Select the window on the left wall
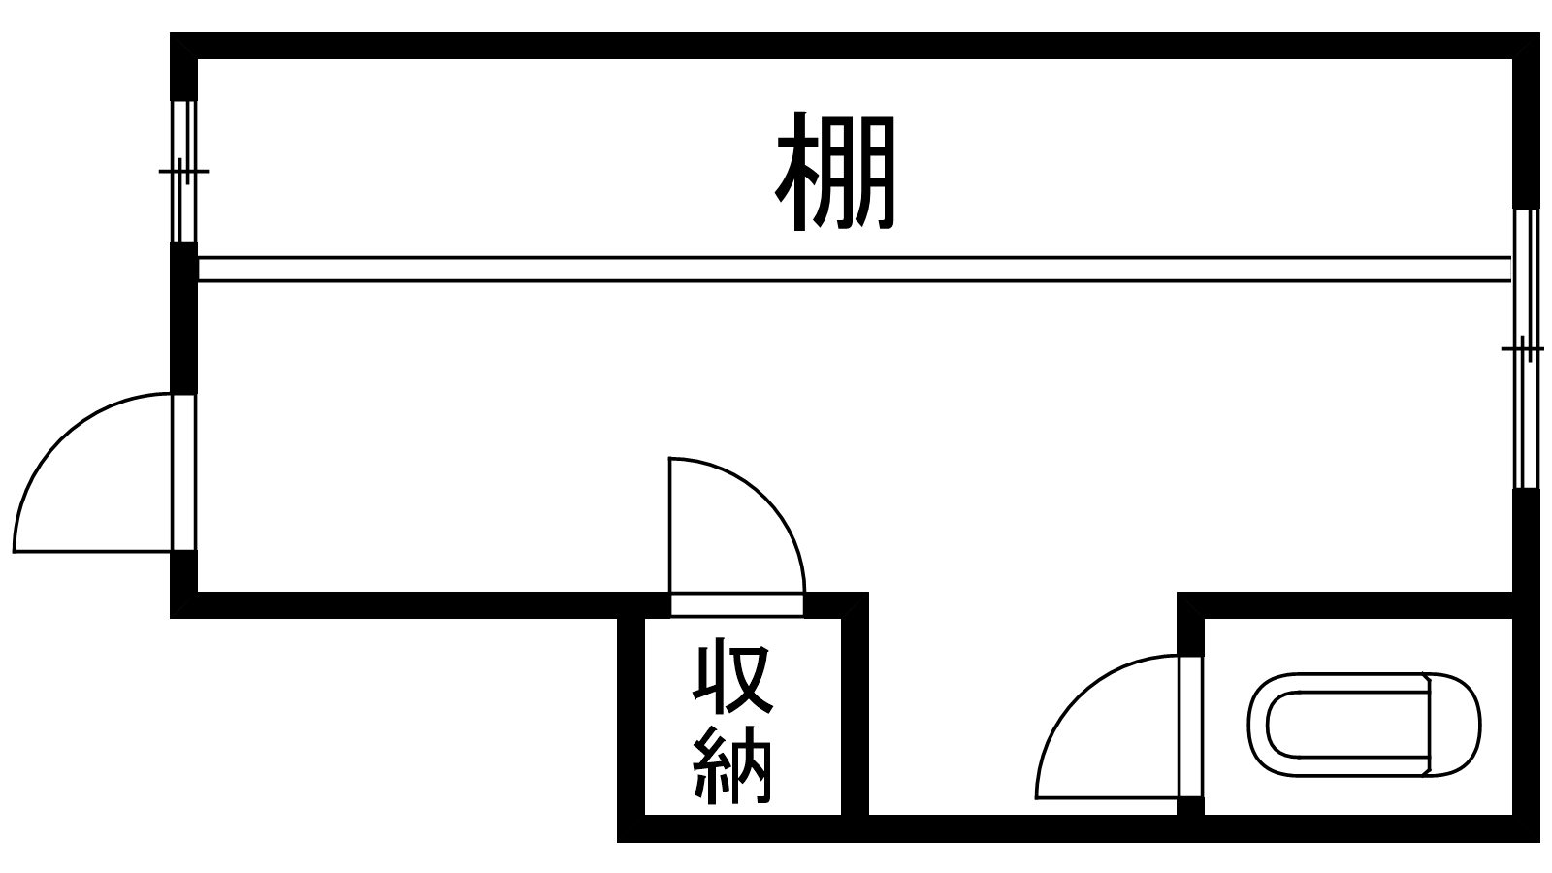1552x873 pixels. (x=183, y=171)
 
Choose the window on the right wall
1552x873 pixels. (x=1526, y=349)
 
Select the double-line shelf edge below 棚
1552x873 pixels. (x=854, y=269)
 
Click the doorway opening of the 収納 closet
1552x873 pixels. (x=737, y=605)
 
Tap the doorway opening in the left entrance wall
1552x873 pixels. (x=183, y=472)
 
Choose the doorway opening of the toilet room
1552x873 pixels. (x=1190, y=727)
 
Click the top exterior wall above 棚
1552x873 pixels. (x=854, y=46)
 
